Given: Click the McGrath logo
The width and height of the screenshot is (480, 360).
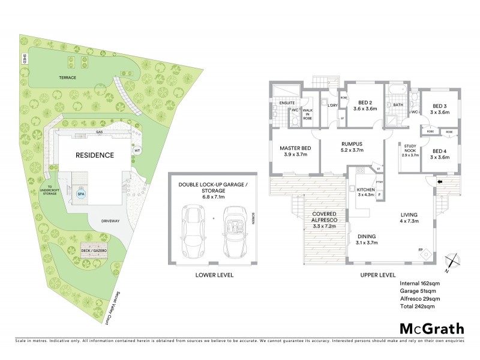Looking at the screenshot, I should coord(431,328).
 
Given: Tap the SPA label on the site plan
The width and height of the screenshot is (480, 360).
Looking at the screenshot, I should coord(80,194).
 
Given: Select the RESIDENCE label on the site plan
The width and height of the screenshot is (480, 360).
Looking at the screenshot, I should coord(94,155).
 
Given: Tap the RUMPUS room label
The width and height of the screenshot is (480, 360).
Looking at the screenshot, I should coord(351,147).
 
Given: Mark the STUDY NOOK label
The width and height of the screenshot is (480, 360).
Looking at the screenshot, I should coord(410,150).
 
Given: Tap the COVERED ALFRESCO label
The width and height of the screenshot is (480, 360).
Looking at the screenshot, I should coord(324,217).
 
